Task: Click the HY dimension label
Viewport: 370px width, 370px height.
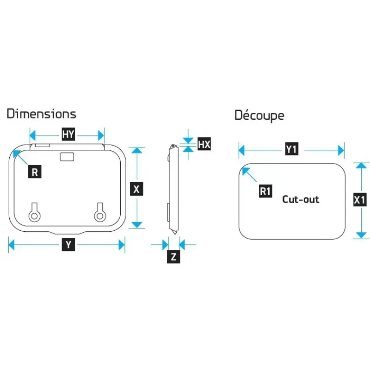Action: click(x=68, y=134)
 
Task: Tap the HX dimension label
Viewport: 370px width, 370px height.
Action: click(x=204, y=144)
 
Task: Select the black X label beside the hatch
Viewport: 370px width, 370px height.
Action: click(x=136, y=189)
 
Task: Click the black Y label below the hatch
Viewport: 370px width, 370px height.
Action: click(x=68, y=245)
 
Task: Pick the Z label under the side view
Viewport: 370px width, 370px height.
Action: click(x=173, y=257)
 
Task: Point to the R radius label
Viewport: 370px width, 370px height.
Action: click(x=35, y=172)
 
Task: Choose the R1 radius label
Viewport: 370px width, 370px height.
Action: click(x=265, y=191)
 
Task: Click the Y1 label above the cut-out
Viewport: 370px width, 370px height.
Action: click(x=292, y=148)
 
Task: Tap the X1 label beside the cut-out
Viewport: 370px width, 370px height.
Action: click(x=360, y=200)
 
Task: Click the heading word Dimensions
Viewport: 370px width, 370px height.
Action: click(x=42, y=114)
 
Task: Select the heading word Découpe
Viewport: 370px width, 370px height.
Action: click(x=259, y=115)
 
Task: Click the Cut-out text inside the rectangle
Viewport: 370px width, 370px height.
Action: click(x=301, y=199)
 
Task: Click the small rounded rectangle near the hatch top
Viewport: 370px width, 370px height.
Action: click(x=67, y=157)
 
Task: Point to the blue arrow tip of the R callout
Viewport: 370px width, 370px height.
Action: click(x=13, y=151)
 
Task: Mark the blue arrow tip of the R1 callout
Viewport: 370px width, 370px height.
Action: click(x=243, y=168)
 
